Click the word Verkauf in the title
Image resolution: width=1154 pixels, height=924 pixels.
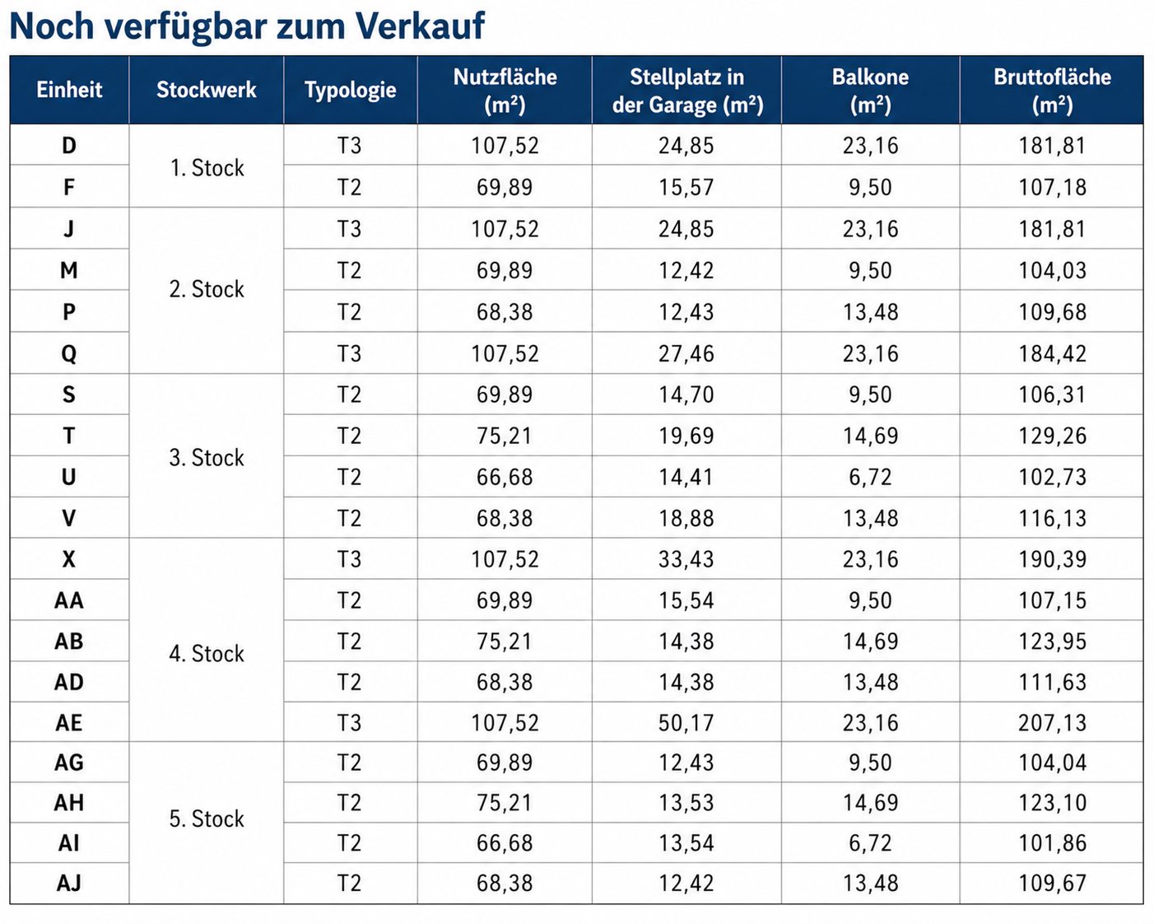tap(419, 26)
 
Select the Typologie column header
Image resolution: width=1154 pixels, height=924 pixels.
tap(350, 90)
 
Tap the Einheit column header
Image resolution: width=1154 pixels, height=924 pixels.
tap(69, 90)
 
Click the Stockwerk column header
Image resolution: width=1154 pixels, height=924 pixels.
tap(207, 90)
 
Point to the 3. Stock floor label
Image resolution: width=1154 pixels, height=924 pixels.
tap(207, 458)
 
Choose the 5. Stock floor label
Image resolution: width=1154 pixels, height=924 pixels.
tap(207, 819)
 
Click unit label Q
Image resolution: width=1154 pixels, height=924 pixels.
tap(68, 353)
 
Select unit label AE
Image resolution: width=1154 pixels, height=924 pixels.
tap(68, 723)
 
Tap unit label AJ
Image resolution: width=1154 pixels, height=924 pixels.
tap(68, 883)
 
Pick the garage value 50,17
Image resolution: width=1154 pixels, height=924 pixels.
tap(686, 723)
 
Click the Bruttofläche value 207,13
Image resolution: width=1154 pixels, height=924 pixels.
tap(1052, 723)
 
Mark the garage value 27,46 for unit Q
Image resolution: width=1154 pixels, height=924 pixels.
tap(686, 353)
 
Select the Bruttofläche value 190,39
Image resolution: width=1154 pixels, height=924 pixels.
tap(1052, 559)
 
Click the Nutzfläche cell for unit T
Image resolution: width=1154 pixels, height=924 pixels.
tap(504, 436)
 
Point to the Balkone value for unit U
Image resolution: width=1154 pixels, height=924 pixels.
tap(870, 477)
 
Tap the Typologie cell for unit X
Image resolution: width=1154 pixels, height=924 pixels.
tap(349, 559)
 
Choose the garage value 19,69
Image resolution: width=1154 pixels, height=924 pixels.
tap(686, 436)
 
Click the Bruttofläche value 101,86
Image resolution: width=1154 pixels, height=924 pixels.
tap(1052, 843)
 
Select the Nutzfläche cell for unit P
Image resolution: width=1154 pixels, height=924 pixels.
tap(504, 312)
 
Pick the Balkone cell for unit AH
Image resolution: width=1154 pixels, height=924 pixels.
tap(870, 803)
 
